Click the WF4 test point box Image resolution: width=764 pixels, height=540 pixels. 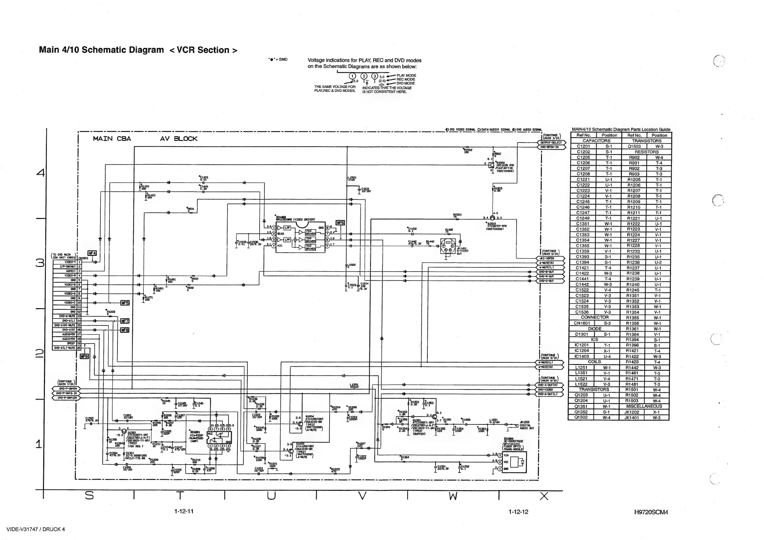click(x=92, y=253)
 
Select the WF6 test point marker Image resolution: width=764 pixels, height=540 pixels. click(x=340, y=223)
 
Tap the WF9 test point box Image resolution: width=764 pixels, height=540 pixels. click(x=84, y=356)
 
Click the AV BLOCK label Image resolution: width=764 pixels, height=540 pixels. click(x=179, y=139)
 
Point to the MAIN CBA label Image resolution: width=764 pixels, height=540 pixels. click(x=112, y=139)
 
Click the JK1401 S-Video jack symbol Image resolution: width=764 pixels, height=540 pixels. click(x=448, y=247)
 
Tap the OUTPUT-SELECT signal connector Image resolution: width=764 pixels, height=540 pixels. click(x=551, y=143)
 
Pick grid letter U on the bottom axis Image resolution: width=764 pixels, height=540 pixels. click(x=271, y=496)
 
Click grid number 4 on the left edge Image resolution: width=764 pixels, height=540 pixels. click(x=40, y=173)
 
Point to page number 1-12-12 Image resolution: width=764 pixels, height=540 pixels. click(x=518, y=512)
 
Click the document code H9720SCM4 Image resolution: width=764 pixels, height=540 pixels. click(x=651, y=512)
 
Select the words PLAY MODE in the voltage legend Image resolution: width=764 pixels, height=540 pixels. click(x=406, y=75)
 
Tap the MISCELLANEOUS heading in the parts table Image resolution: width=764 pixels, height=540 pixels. click(x=645, y=406)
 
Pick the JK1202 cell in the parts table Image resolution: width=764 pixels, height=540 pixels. click(x=631, y=412)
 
